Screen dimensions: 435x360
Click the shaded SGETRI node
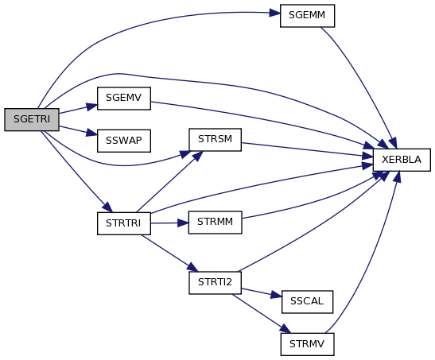tap(32, 119)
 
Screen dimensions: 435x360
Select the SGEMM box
tap(308, 16)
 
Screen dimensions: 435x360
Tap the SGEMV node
tap(124, 99)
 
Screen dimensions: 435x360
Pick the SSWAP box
tap(124, 141)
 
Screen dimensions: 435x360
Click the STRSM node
tap(215, 140)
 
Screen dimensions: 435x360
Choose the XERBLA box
tap(402, 160)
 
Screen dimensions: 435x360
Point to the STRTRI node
tap(124, 223)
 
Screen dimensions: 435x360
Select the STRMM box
tap(215, 223)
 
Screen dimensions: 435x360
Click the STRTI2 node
tap(215, 283)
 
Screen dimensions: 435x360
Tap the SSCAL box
tap(308, 302)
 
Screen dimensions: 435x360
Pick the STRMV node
tap(308, 344)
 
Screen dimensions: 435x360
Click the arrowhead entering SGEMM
tap(274, 13)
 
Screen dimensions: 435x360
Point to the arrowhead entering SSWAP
tap(92, 133)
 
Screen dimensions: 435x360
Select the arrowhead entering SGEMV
tap(92, 106)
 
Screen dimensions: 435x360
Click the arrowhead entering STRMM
tap(183, 223)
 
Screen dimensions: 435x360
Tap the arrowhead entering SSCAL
tap(277, 296)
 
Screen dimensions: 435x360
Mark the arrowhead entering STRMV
tap(285, 329)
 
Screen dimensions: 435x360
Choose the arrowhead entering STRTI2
tap(192, 268)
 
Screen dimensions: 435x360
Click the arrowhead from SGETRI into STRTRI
tap(107, 207)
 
